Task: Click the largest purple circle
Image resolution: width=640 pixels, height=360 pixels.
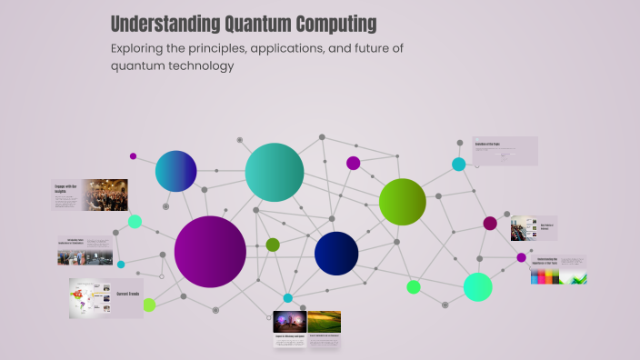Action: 210,252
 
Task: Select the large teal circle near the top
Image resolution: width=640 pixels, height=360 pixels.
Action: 274,172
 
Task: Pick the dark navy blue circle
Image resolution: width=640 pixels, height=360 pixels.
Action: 336,254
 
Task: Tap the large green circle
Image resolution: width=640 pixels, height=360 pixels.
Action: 402,202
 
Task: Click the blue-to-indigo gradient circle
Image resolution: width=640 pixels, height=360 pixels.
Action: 175,171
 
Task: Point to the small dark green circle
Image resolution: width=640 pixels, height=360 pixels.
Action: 273,245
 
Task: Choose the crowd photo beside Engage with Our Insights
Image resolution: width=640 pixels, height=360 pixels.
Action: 106,195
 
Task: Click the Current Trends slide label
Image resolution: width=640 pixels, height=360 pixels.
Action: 126,294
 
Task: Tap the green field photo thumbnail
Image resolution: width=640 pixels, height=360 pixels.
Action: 325,322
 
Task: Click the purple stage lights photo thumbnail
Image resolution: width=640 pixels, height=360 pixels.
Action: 289,322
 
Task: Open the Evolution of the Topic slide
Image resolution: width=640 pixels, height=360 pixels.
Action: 505,151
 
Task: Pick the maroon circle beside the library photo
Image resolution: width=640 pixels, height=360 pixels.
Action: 490,224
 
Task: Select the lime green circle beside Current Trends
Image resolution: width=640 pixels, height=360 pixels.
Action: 149,305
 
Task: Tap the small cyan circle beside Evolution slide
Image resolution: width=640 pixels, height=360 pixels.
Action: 459,165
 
